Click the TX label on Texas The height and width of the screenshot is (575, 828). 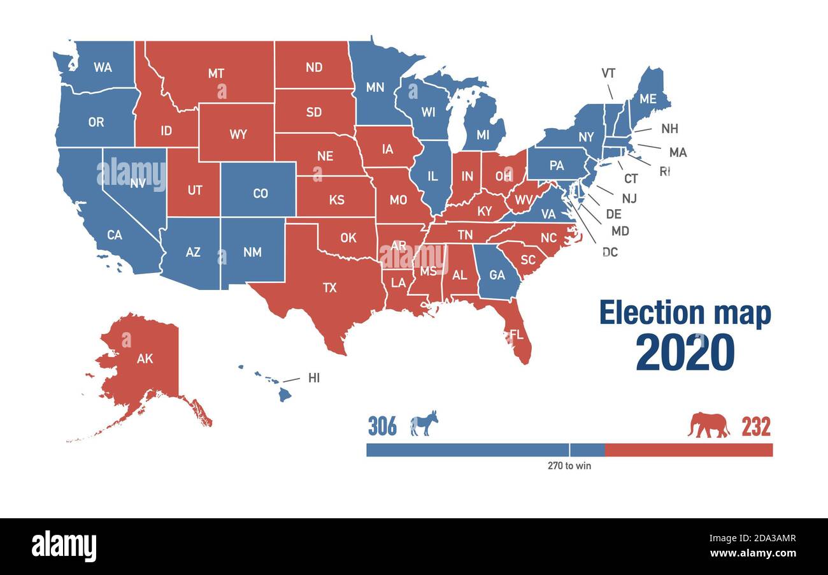[329, 287]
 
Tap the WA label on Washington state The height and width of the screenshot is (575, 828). [103, 67]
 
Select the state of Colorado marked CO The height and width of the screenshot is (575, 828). [260, 193]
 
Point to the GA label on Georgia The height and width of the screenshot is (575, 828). [497, 275]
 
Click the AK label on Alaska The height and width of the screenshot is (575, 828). [145, 358]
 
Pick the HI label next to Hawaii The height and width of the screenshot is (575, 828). [313, 378]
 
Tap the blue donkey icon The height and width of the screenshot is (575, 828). [424, 424]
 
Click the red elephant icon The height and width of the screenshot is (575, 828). [708, 425]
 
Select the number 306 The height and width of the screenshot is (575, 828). [382, 426]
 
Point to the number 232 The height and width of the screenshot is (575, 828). [755, 426]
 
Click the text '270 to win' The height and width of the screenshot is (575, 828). [569, 466]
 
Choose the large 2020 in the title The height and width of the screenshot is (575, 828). [685, 353]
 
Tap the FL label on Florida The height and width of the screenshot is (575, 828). [517, 334]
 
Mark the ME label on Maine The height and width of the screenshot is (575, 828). [648, 99]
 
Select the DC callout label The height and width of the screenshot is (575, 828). [610, 252]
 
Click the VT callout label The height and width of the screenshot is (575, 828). [608, 73]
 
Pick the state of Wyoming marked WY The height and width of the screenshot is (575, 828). [238, 135]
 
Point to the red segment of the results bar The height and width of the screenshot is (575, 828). [688, 450]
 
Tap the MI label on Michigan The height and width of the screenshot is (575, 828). [483, 135]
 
